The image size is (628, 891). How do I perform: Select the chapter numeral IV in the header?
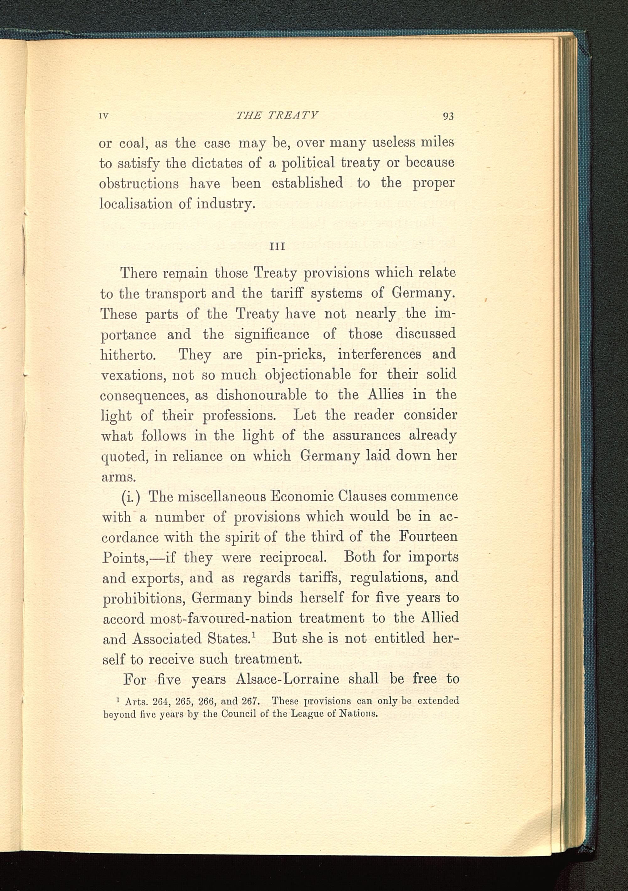103,116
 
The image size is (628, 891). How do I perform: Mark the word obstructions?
139,183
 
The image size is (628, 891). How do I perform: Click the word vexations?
132,375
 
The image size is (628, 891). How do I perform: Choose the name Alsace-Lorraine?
287,679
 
